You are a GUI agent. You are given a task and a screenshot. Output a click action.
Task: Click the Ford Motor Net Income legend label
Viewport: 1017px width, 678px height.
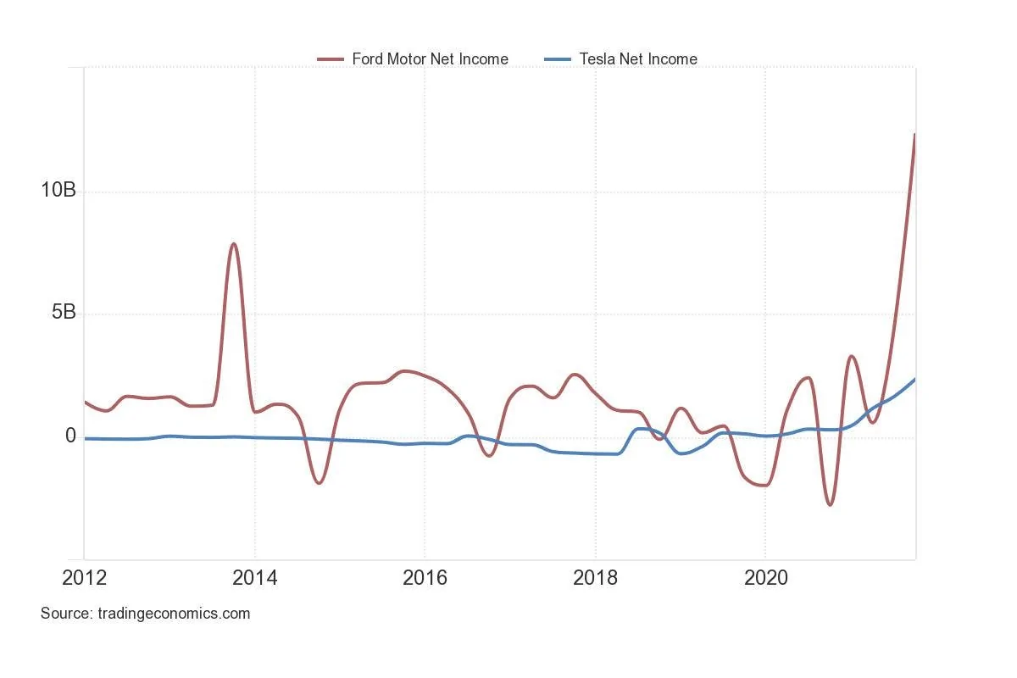tap(430, 59)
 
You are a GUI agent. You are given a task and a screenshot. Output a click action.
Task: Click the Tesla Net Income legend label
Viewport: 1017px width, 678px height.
tap(638, 59)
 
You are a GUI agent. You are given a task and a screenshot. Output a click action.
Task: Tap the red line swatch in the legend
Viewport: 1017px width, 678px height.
tap(331, 59)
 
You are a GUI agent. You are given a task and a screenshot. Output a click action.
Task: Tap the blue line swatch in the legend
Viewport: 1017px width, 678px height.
tap(557, 59)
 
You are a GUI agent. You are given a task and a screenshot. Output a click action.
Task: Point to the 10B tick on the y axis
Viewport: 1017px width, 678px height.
tap(58, 191)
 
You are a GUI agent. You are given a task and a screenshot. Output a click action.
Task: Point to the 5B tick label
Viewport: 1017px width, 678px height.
tap(58, 313)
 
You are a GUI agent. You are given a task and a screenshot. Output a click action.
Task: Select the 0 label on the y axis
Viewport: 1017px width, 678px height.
tap(70, 436)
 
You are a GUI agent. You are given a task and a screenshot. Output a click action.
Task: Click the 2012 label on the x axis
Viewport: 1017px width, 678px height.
tap(85, 579)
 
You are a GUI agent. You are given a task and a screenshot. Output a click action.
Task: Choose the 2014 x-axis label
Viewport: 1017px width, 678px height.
tap(254, 579)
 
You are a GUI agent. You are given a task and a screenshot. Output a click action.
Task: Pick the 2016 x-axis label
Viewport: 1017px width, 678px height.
tap(425, 579)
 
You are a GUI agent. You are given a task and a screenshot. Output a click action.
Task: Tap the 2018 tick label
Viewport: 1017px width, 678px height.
tap(595, 579)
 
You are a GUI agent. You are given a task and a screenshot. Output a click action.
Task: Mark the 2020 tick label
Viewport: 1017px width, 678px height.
tap(765, 579)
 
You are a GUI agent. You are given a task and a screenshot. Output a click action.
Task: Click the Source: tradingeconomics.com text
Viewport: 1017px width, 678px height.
tap(145, 614)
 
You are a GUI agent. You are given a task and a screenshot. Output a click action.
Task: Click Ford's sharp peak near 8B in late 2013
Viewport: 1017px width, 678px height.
tap(233, 244)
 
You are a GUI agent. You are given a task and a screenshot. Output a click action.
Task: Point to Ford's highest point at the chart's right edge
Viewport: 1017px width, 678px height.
tap(914, 135)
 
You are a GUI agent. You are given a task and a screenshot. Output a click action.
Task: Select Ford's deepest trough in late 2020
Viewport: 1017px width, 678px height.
tap(830, 505)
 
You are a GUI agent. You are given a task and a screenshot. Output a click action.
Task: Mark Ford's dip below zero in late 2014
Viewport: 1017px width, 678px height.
tap(319, 483)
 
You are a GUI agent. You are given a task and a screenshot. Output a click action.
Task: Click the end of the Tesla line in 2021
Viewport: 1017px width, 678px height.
tap(914, 380)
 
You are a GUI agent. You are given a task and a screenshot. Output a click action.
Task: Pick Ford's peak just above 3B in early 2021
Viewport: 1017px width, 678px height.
tap(852, 356)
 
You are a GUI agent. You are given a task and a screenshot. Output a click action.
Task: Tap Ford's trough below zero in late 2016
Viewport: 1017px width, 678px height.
tap(489, 456)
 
